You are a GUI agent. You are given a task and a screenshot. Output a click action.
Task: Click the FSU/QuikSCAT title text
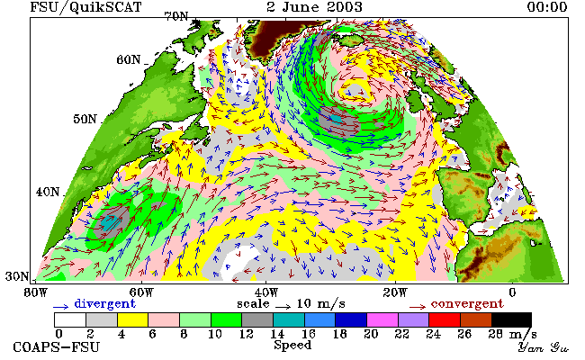coord(85,7)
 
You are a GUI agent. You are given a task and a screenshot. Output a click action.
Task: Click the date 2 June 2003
coord(314,6)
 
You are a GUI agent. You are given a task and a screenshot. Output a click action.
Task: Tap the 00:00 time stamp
coord(547,6)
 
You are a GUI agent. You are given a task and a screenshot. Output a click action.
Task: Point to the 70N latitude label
coord(176,16)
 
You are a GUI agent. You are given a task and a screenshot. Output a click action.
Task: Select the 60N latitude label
coord(129,59)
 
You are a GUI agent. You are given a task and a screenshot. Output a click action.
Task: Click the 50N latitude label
coord(85,119)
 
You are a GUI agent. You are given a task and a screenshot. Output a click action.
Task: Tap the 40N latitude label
coord(48,192)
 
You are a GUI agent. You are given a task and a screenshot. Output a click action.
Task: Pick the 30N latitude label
coord(17,276)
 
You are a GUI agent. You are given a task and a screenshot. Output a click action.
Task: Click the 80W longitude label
coord(36,292)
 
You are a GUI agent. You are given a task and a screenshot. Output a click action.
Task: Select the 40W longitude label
coord(265,292)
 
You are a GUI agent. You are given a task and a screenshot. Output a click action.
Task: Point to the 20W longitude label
coord(395,292)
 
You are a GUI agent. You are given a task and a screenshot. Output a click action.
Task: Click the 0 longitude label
coord(512,292)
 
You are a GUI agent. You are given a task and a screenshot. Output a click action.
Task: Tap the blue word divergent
coord(104,303)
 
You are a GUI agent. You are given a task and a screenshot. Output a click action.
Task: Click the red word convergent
coord(467,303)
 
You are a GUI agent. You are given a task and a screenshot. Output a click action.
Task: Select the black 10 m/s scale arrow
coord(283,307)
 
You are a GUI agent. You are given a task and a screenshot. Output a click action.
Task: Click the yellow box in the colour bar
coord(132,319)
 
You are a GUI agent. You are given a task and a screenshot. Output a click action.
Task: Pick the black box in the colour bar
coord(511,319)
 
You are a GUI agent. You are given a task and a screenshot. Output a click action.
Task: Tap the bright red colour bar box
coord(445,319)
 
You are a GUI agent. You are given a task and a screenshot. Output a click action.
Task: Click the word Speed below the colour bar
coord(292,346)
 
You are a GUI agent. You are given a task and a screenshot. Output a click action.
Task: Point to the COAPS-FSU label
coord(57,346)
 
